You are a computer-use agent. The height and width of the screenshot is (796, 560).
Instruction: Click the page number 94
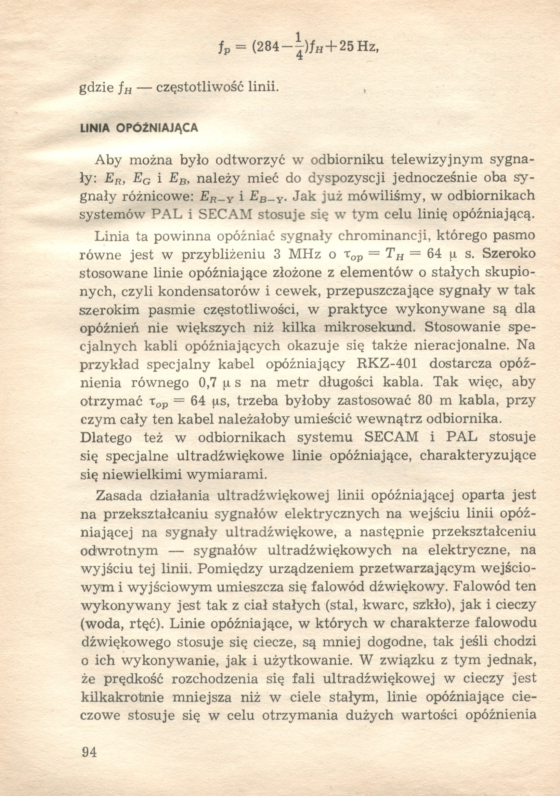[x=90, y=752]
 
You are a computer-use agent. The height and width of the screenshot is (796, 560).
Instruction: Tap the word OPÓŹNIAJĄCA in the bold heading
[x=157, y=128]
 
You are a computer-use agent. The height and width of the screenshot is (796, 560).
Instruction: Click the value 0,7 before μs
[x=208, y=383]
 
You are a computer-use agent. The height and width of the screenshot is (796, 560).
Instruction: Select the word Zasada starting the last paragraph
[x=118, y=496]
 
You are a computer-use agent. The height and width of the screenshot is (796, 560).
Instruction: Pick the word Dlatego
[x=106, y=437]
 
